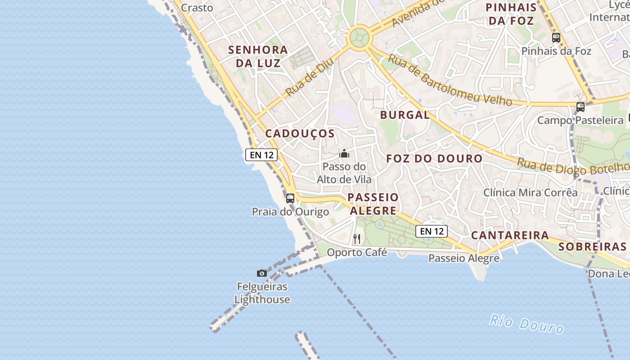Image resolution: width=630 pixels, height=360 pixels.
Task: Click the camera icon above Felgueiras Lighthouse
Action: click(261, 273)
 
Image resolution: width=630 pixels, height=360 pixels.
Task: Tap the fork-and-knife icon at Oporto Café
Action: click(357, 239)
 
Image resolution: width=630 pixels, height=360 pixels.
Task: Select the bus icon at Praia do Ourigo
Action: click(290, 198)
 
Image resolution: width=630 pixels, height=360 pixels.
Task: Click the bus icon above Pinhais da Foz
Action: click(556, 38)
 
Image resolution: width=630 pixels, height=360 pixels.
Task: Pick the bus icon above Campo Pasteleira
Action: click(580, 107)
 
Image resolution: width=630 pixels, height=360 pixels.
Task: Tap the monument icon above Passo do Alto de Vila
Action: click(344, 154)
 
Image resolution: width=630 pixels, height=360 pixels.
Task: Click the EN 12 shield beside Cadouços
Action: click(261, 155)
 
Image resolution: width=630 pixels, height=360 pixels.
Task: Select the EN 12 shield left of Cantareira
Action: click(432, 231)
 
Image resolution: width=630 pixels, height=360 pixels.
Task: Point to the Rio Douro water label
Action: click(526, 324)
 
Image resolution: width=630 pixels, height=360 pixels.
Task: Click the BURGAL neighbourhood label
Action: click(405, 115)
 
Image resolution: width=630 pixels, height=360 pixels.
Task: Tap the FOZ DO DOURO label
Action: click(434, 158)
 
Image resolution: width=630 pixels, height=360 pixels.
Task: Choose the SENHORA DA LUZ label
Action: click(258, 56)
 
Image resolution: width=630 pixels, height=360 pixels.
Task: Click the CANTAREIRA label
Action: click(510, 235)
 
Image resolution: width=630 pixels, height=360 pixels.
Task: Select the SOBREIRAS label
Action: click(592, 247)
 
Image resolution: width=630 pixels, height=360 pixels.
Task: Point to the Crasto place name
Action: click(197, 8)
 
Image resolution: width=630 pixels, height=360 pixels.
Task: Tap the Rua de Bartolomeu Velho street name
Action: click(450, 81)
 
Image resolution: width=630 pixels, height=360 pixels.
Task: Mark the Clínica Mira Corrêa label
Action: click(530, 193)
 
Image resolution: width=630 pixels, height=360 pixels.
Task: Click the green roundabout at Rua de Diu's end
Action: click(359, 37)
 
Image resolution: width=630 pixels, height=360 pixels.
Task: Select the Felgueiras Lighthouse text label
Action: click(262, 293)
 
